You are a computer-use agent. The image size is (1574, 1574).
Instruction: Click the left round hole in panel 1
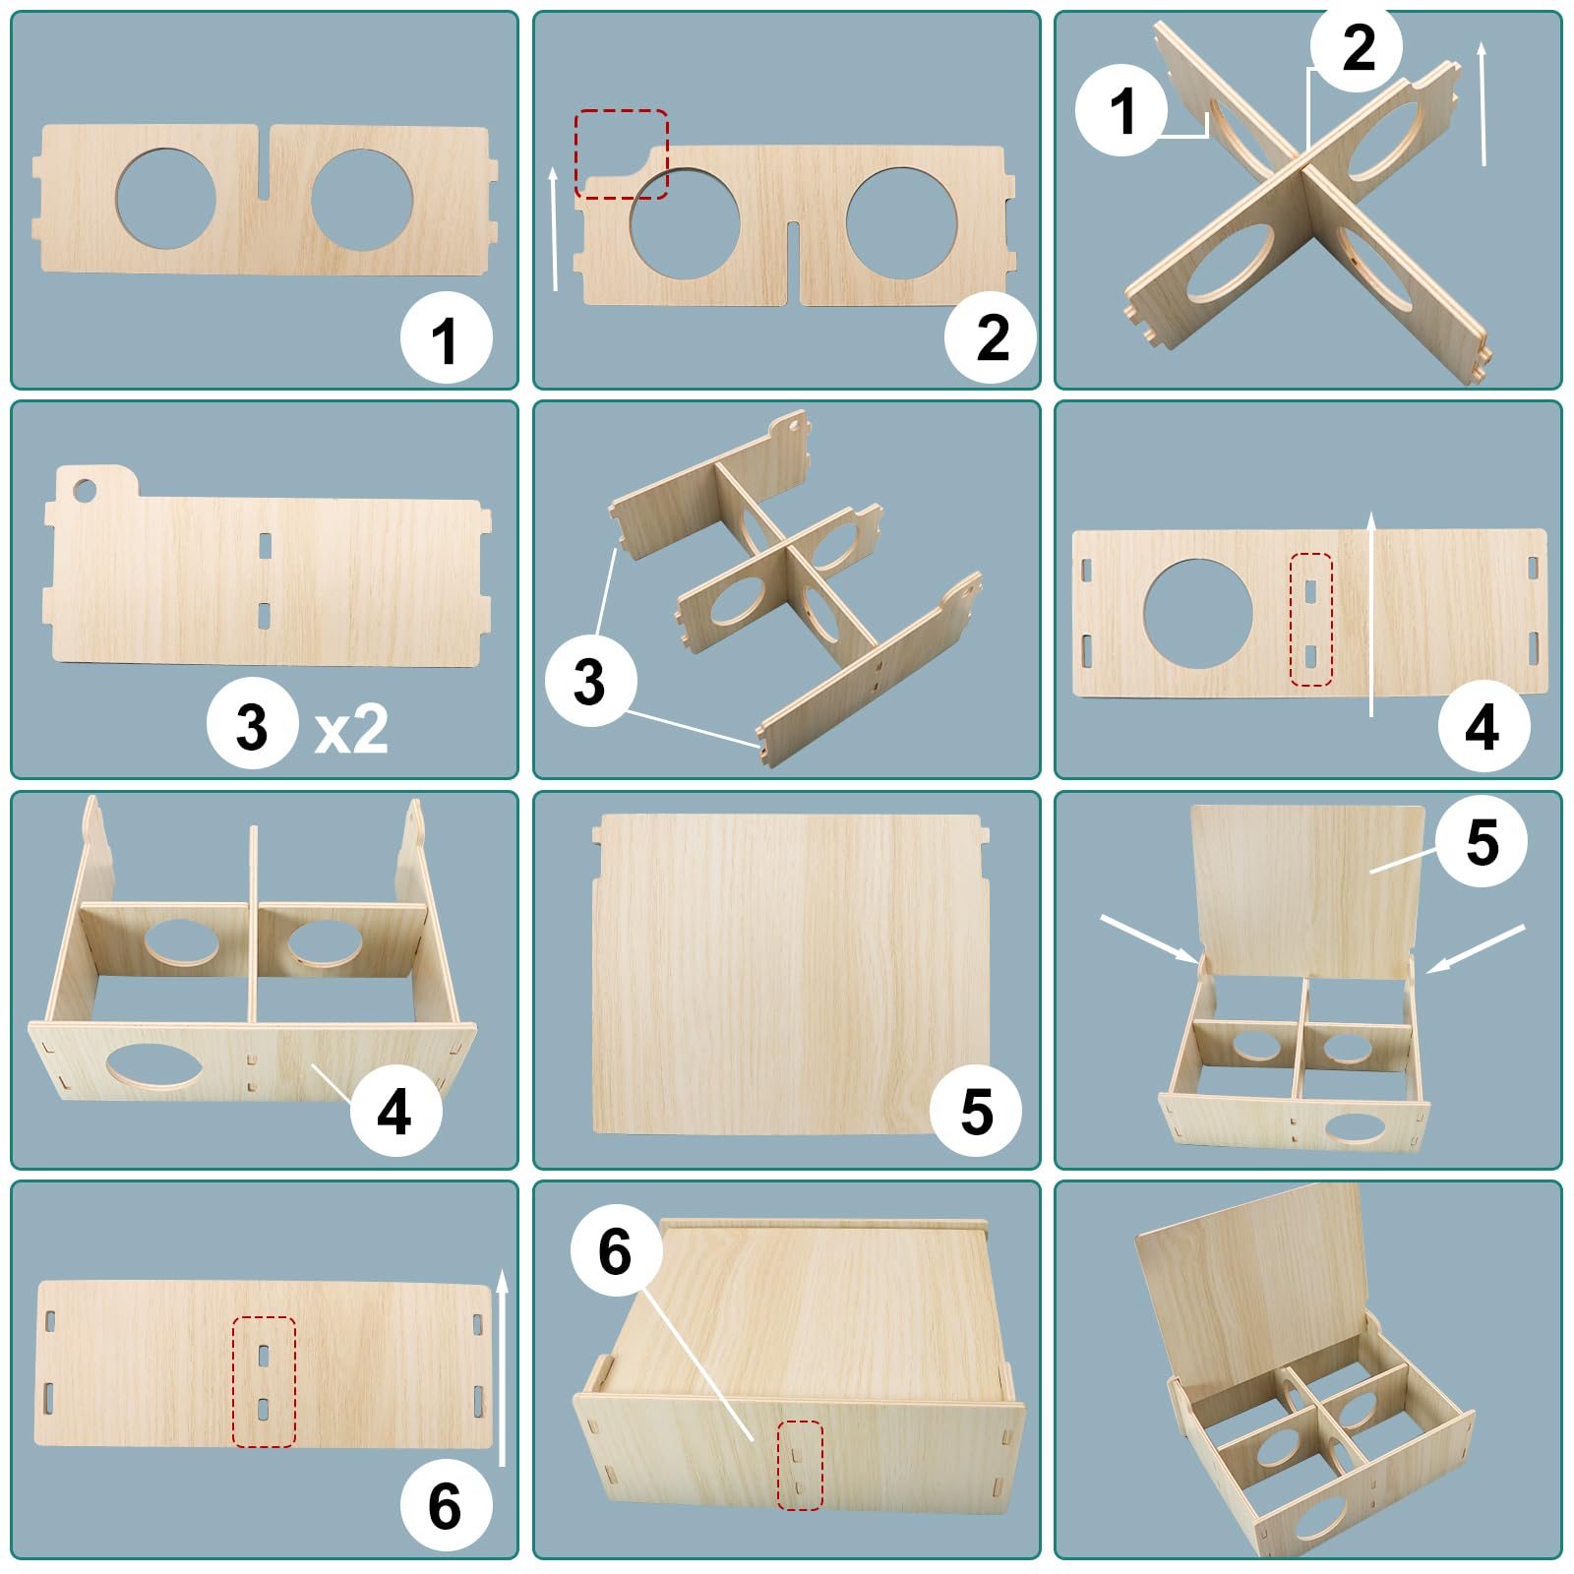click(x=165, y=198)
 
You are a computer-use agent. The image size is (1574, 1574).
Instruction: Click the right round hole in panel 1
click(x=362, y=200)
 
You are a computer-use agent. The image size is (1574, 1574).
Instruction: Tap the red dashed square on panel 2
click(x=621, y=154)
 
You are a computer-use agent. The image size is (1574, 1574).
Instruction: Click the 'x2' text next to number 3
click(x=351, y=730)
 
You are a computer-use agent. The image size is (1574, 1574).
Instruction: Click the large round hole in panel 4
click(x=1198, y=614)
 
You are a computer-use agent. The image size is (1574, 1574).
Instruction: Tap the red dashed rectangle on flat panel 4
click(x=1310, y=620)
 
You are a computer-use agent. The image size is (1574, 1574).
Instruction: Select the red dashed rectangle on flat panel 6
click(x=264, y=1382)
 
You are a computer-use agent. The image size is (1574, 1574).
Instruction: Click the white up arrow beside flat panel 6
click(x=502, y=1367)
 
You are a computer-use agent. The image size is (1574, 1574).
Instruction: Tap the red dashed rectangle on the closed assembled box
click(x=799, y=1465)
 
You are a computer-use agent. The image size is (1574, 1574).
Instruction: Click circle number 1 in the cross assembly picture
click(x=1121, y=109)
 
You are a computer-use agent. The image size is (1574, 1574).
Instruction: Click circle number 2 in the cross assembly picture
click(x=1357, y=46)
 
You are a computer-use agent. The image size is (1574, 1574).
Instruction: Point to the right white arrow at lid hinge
click(x=1475, y=949)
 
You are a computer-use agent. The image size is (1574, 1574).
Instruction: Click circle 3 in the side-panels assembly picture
click(x=590, y=681)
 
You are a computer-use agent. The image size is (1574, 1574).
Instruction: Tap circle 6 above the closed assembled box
click(x=615, y=1251)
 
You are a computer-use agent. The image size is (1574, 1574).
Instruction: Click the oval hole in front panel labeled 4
click(x=154, y=1067)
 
